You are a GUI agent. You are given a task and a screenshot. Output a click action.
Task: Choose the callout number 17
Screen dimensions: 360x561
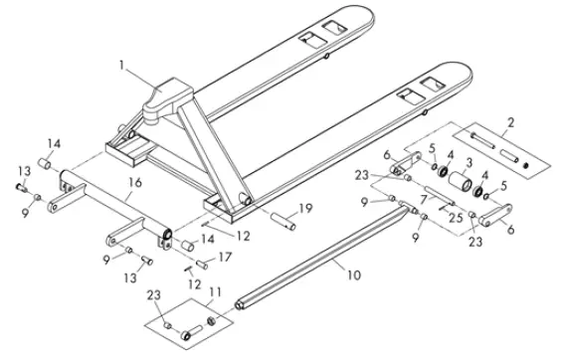point(224,258)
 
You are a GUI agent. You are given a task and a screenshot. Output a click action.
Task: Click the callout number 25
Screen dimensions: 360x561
point(456,218)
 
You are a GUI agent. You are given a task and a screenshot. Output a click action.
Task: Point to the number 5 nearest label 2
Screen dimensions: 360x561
point(432,150)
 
